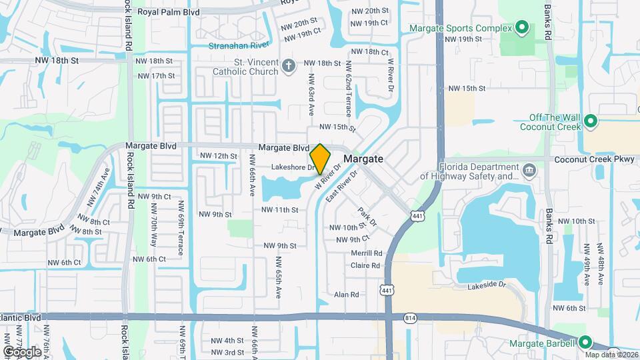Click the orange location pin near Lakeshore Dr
pyautogui.click(x=320, y=158)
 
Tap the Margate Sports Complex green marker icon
pyautogui.click(x=522, y=27)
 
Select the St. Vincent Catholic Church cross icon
pyautogui.click(x=288, y=65)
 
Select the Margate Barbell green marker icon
pyautogui.click(x=585, y=343)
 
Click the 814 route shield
pyautogui.click(x=410, y=319)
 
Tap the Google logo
pyautogui.click(x=23, y=351)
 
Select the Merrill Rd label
pyautogui.click(x=367, y=253)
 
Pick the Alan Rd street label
pyautogui.click(x=347, y=294)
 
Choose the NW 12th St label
pyautogui.click(x=218, y=156)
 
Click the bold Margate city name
pyautogui.click(x=363, y=159)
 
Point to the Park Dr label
pyautogui.click(x=367, y=217)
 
